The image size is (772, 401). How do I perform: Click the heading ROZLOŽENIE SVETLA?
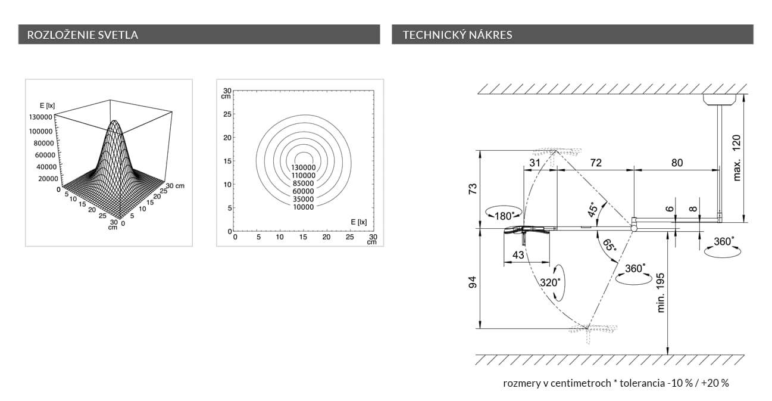pyautogui.click(x=83, y=35)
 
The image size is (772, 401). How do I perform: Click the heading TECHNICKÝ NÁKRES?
pyautogui.click(x=457, y=35)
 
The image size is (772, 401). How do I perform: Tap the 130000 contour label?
pyautogui.click(x=304, y=167)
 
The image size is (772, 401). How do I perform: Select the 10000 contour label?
pyautogui.click(x=304, y=207)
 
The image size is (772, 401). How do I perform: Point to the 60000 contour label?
pyautogui.click(x=304, y=191)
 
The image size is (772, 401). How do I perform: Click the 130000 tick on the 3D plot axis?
pyautogui.click(x=40, y=117)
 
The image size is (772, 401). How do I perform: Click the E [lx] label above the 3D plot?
pyautogui.click(x=47, y=105)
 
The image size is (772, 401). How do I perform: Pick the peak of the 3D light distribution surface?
pyautogui.click(x=115, y=121)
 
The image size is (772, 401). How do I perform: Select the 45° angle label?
pyautogui.click(x=592, y=210)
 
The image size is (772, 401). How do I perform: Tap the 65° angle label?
pyautogui.click(x=609, y=245)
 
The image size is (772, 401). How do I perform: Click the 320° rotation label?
pyautogui.click(x=550, y=282)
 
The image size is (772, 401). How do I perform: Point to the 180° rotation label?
pyautogui.click(x=504, y=216)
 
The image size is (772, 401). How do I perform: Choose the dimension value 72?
pyautogui.click(x=596, y=163)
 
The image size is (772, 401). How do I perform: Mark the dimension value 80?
pyautogui.click(x=677, y=163)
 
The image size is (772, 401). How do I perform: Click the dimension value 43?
pyautogui.click(x=518, y=254)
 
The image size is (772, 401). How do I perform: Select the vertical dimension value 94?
pyautogui.click(x=473, y=282)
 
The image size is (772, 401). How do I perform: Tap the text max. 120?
pyautogui.click(x=736, y=158)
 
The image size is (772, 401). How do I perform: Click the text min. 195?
pyautogui.click(x=660, y=293)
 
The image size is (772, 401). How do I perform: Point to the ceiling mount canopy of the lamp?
pyautogui.click(x=720, y=100)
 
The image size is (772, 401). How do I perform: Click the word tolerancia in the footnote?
pyautogui.click(x=642, y=383)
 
